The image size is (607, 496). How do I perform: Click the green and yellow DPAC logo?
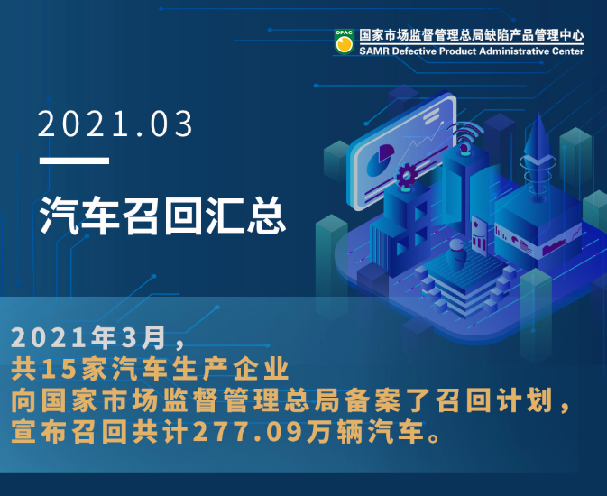(345, 41)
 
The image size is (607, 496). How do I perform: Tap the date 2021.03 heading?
(115, 124)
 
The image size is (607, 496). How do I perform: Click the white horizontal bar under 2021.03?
(74, 161)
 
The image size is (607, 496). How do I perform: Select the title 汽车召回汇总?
(163, 216)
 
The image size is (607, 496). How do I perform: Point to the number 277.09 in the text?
(247, 432)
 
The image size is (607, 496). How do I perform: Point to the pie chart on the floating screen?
(380, 159)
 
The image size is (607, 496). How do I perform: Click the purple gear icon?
(406, 176)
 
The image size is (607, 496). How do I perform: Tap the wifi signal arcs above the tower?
(465, 133)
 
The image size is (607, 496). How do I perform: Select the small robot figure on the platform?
(456, 255)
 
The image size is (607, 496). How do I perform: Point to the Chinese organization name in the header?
(471, 36)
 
